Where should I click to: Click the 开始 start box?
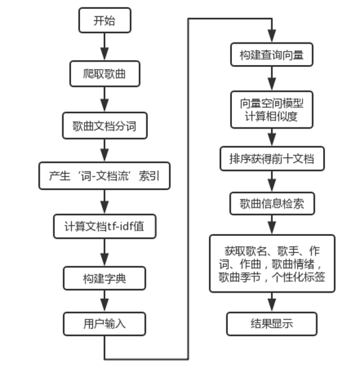[x=105, y=21]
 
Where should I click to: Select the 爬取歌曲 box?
[x=105, y=72]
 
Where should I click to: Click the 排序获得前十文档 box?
[x=272, y=159]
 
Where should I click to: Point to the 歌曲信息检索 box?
[x=272, y=202]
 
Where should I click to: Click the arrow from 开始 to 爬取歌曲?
[x=105, y=47]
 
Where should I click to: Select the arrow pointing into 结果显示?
[x=272, y=301]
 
